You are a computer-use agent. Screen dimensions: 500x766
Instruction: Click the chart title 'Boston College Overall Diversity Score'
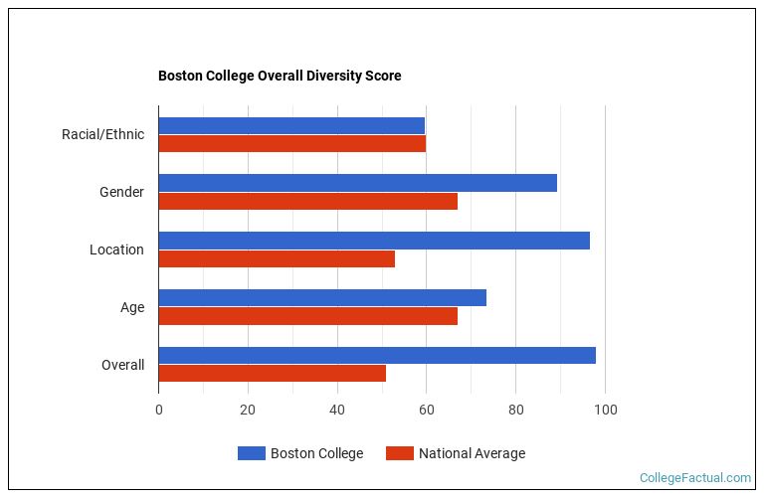pos(280,76)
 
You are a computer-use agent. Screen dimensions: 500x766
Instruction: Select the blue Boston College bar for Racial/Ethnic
pos(291,125)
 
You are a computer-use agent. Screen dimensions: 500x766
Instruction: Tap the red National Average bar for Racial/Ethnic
pos(291,143)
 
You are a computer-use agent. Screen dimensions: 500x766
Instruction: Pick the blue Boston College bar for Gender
pos(357,183)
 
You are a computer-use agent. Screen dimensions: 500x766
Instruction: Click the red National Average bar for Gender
pos(307,201)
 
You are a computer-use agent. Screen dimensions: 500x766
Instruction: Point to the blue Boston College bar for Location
pos(374,241)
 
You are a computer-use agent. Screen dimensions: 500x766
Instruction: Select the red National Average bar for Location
pos(277,258)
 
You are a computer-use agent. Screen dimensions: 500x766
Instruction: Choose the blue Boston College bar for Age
pos(322,298)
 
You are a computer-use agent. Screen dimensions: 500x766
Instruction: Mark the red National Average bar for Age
pos(307,316)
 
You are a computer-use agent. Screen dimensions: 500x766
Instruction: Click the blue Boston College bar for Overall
pos(377,356)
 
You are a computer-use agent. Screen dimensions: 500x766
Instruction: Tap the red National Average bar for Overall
pos(272,374)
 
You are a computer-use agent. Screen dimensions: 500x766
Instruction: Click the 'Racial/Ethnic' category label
pos(102,134)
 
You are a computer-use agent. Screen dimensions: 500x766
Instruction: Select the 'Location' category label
pos(116,250)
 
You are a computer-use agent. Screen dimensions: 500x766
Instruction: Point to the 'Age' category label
pos(132,307)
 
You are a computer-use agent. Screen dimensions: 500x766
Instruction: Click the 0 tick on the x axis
pos(159,409)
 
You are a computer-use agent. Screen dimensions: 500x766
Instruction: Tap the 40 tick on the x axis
pos(337,409)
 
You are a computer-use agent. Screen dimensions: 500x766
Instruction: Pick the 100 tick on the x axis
pos(605,409)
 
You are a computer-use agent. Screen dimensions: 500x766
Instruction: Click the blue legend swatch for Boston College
pos(252,453)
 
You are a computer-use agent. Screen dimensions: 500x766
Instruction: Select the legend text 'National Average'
pos(472,453)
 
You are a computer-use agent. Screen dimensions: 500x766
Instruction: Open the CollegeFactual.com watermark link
pos(694,478)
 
